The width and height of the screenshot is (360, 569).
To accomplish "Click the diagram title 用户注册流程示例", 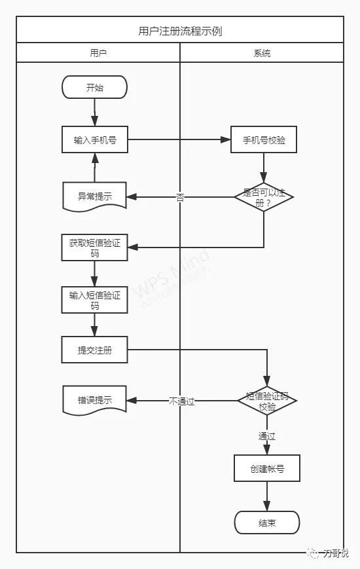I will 180,31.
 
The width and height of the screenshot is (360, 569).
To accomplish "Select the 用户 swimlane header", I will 98,53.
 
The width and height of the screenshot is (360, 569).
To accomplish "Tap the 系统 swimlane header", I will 262,53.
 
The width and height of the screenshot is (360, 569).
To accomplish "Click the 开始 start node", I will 94,87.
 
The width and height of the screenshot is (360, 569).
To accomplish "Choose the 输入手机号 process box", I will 94,139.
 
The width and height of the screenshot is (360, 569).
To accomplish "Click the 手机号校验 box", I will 264,139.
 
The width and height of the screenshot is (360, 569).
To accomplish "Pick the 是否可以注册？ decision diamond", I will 264,196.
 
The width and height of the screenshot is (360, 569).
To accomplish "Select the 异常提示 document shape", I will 94,196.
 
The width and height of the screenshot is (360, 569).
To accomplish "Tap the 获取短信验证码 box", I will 94,247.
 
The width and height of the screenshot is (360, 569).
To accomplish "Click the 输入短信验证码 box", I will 94,300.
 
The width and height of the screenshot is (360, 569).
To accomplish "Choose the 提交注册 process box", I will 94,350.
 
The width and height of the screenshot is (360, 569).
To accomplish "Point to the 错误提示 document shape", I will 94,399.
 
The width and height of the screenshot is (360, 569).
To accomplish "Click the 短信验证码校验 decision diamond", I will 266,401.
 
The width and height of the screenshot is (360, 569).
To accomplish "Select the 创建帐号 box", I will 266,469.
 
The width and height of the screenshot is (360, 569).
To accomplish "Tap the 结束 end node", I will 266,523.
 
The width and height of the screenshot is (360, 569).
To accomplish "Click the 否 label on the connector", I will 180,196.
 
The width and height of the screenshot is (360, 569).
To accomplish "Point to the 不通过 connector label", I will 181,401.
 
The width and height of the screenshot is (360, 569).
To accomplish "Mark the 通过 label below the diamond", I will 266,435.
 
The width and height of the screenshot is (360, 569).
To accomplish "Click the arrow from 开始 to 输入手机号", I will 94,112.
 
